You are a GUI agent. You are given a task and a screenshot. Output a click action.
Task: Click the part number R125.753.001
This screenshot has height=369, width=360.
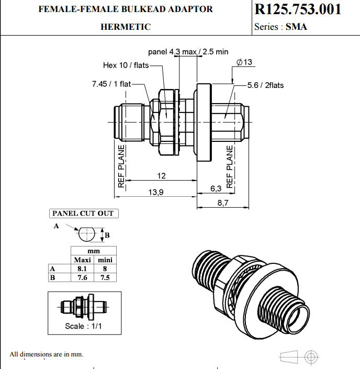point(298,9)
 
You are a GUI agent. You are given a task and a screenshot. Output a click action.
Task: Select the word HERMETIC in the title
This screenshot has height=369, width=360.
point(126,27)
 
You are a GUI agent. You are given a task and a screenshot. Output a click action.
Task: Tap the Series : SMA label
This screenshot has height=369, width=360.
point(280,27)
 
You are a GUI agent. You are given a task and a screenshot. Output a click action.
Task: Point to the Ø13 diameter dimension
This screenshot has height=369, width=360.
point(244,62)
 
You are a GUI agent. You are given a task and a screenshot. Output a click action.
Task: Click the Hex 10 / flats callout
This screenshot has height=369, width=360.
point(126,65)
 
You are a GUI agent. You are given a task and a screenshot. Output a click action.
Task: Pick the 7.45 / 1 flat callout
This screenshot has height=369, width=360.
point(111,84)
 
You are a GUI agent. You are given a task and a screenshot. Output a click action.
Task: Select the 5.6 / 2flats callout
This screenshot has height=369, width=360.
point(265,85)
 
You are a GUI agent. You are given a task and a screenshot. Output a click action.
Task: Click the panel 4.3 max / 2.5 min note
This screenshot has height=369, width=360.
point(188,52)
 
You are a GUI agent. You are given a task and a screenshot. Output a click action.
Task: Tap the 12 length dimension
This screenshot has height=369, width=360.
point(162,175)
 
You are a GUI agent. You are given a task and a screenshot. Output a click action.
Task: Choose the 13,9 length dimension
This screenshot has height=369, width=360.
point(156,192)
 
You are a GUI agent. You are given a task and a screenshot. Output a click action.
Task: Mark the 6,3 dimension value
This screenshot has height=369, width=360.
point(216,188)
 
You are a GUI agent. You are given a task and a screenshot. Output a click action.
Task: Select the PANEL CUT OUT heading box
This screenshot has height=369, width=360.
point(83,214)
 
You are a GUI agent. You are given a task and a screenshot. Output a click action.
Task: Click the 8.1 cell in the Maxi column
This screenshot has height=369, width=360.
point(82,269)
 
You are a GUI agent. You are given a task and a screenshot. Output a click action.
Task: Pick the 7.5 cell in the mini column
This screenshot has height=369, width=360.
point(105,277)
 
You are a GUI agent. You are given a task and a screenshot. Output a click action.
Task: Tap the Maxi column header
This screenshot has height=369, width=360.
point(82,260)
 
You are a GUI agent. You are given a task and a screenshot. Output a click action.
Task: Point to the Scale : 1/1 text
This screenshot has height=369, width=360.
point(83,326)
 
